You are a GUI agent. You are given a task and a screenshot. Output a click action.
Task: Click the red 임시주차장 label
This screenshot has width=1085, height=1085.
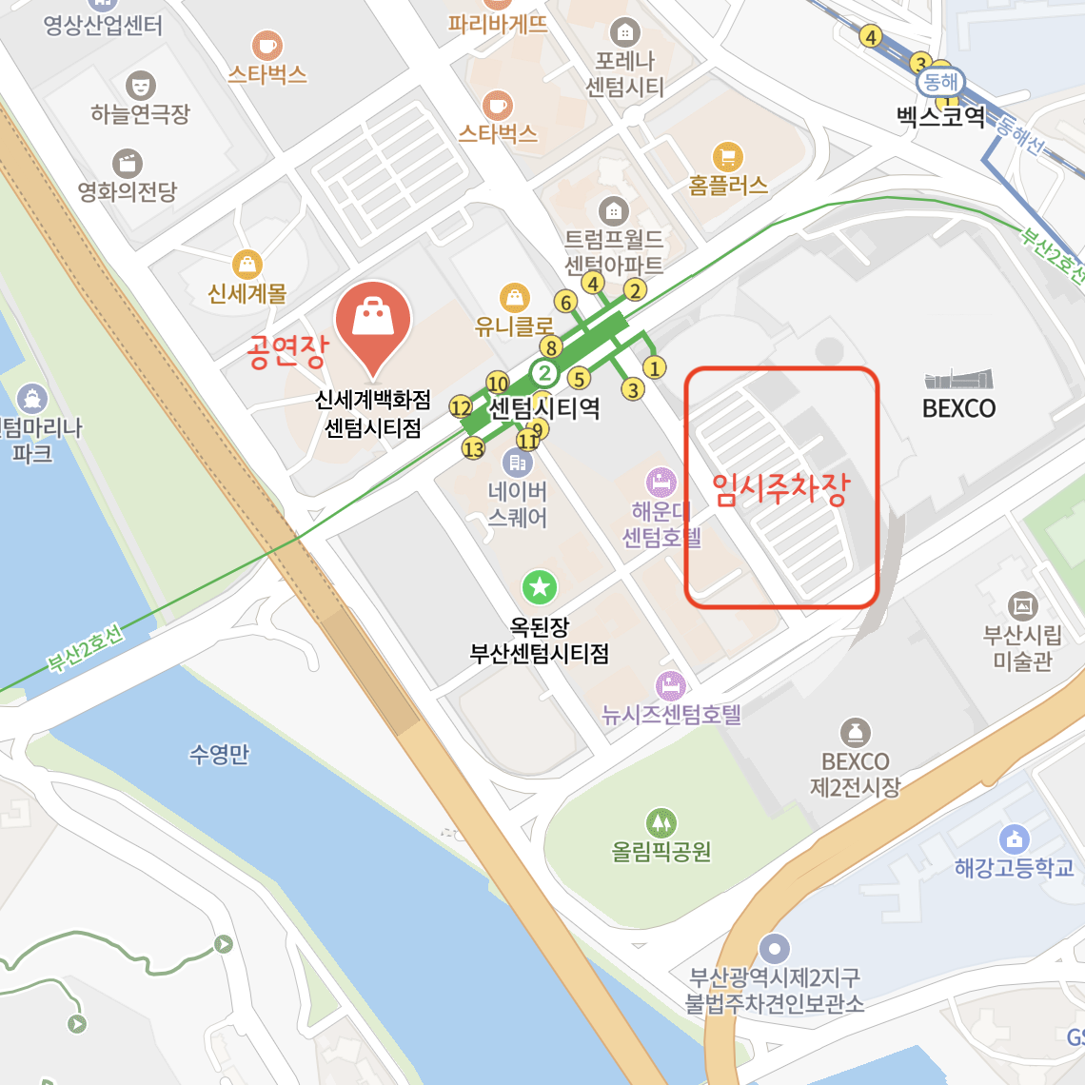780,489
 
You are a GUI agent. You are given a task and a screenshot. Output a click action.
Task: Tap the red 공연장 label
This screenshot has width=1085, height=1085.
287,350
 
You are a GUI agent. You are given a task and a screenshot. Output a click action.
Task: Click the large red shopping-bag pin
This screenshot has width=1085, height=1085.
373,322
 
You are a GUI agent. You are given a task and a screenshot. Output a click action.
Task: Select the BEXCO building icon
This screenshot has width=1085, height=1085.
958,380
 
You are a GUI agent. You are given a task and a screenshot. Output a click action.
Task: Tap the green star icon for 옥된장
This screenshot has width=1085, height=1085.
540,587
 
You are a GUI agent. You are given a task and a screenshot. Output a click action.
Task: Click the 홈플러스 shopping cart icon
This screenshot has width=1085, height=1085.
728,156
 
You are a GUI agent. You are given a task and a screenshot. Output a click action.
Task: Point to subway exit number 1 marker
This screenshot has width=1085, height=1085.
654,367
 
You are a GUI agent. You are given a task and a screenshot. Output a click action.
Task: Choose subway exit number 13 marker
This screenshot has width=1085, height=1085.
474,448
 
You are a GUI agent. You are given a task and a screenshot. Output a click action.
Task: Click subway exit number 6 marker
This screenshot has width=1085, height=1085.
566,303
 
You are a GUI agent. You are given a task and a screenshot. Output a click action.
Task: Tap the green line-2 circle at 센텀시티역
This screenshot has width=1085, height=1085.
544,372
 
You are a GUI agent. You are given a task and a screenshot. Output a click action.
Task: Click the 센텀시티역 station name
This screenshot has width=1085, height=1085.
544,408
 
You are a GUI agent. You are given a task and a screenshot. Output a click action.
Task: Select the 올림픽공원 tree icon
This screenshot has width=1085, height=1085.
661,822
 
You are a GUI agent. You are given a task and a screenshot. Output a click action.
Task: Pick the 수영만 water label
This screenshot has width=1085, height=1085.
219,755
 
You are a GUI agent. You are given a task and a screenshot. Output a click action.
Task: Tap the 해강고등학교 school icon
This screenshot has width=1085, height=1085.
1014,838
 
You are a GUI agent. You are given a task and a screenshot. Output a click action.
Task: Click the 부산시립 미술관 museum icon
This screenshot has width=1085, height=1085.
1023,605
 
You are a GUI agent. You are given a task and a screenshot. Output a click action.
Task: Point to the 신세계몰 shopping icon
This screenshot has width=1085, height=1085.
247,264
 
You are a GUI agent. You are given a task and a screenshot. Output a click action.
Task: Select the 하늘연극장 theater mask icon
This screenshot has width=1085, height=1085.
140,86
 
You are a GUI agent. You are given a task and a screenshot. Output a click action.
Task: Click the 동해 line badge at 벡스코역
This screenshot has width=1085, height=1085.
940,82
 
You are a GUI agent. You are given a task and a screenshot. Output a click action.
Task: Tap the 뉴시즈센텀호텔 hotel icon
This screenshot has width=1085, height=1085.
671,685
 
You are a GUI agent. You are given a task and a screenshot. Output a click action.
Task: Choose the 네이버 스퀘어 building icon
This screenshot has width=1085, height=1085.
518,463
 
